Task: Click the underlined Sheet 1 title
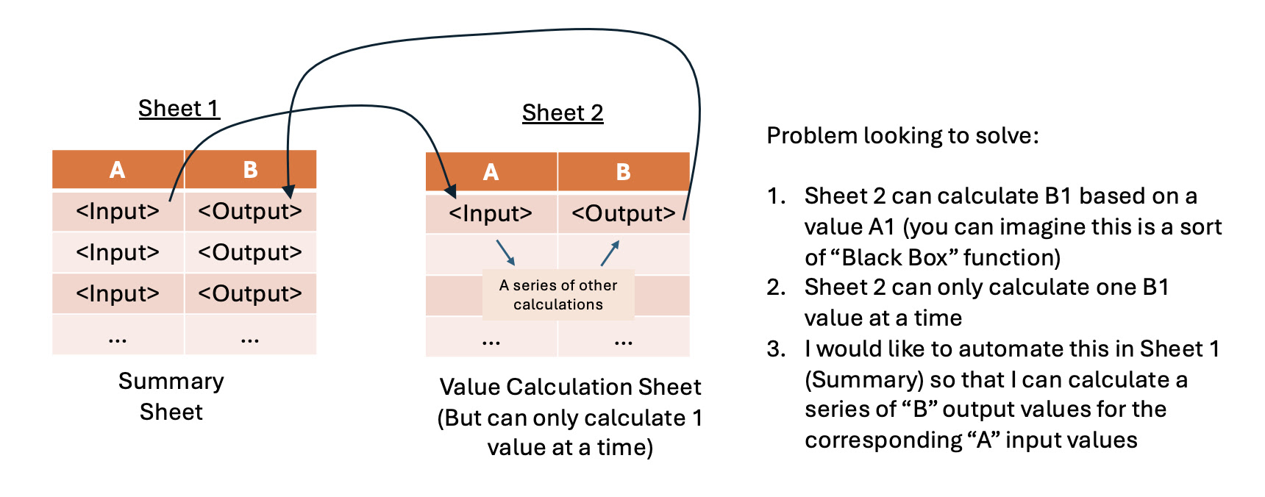point(179,109)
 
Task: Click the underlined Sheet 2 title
point(563,113)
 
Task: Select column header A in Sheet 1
point(118,170)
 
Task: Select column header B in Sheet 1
point(250,170)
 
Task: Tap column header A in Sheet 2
point(491,172)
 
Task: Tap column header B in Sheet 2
point(623,172)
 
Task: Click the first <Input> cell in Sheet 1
point(118,212)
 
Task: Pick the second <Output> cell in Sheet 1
point(250,253)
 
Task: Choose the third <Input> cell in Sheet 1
point(118,294)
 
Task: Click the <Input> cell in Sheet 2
point(491,214)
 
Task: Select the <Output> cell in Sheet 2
point(623,214)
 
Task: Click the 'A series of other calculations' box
point(558,295)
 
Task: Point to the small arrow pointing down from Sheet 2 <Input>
point(505,252)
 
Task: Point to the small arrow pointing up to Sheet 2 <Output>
point(610,253)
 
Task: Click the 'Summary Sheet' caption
point(171,396)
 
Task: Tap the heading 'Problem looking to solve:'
point(902,136)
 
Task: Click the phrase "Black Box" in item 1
point(894,258)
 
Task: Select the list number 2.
point(776,287)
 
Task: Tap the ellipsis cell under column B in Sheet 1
point(250,339)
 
